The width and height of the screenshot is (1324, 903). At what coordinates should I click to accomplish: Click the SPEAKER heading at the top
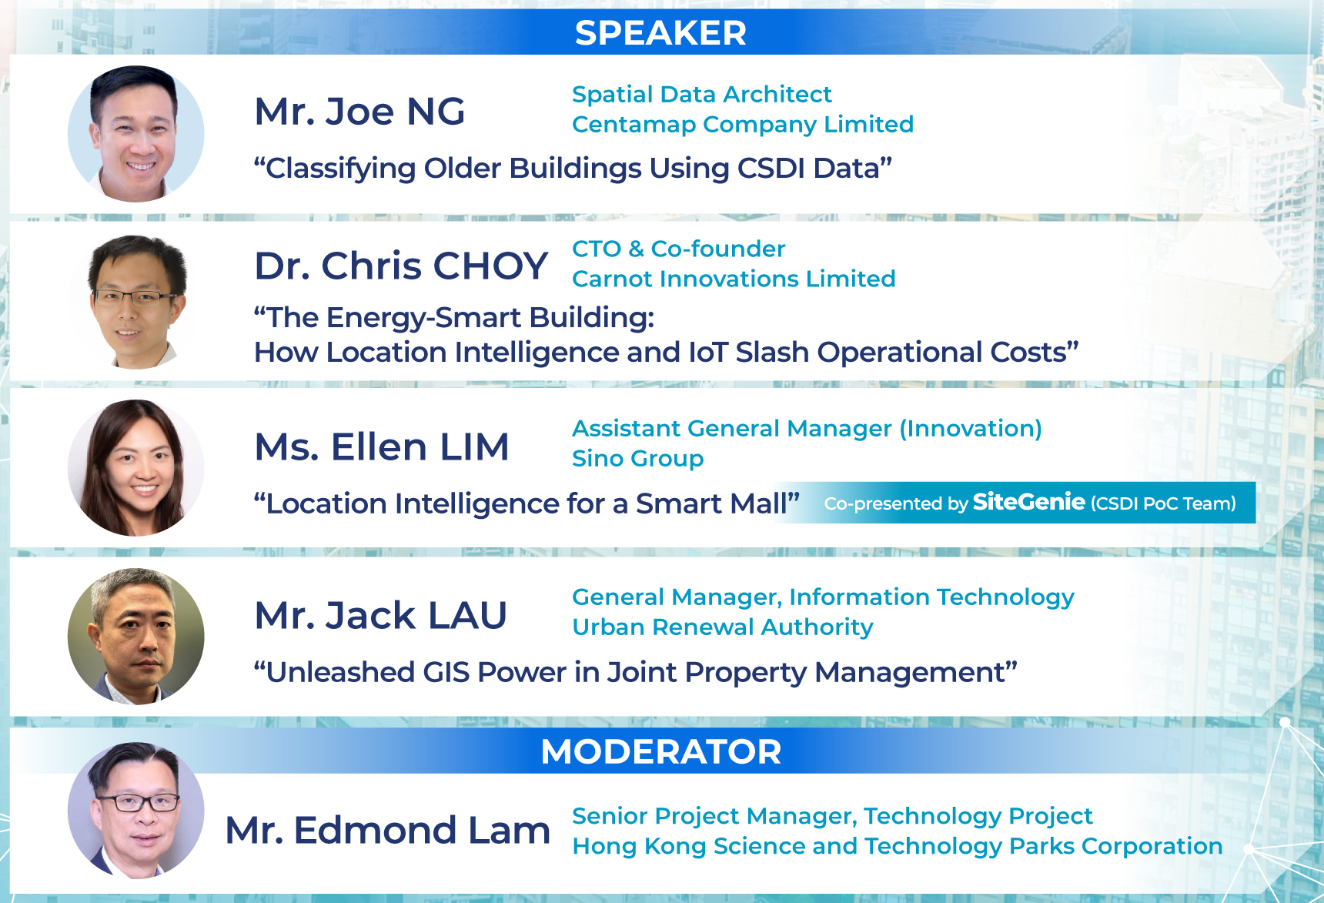pos(660,33)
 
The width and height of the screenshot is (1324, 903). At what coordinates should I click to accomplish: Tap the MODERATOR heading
pos(660,751)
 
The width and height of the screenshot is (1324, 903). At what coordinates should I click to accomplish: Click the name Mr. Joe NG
pos(359,112)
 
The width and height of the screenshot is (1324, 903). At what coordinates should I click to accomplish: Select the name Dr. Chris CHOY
pos(401,266)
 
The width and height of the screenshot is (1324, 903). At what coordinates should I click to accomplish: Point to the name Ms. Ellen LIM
pos(382,446)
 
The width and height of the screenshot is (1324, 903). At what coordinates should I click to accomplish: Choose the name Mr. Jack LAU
pos(380,615)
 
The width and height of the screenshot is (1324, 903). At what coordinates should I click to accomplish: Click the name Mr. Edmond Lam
pos(388,830)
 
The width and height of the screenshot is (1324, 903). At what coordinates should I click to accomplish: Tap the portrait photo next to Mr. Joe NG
pos(136,134)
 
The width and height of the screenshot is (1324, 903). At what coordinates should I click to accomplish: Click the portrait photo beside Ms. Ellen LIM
pos(136,467)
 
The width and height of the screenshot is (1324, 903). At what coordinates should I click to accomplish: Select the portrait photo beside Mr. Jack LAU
pos(136,637)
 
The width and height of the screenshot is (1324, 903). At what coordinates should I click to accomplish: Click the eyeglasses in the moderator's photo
pos(138,803)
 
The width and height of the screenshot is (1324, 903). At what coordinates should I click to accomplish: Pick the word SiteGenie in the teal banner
pos(1029,502)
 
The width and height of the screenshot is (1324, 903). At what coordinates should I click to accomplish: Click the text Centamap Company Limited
pos(743,124)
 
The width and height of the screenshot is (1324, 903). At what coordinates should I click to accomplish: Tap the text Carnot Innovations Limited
pos(734,279)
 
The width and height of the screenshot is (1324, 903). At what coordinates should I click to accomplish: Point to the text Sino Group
pos(638,458)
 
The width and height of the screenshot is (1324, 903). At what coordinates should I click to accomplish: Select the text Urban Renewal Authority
pos(723,627)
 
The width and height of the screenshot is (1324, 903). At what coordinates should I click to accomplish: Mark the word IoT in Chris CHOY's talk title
pos(708,352)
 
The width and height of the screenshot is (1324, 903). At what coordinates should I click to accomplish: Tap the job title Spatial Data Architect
pos(702,94)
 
